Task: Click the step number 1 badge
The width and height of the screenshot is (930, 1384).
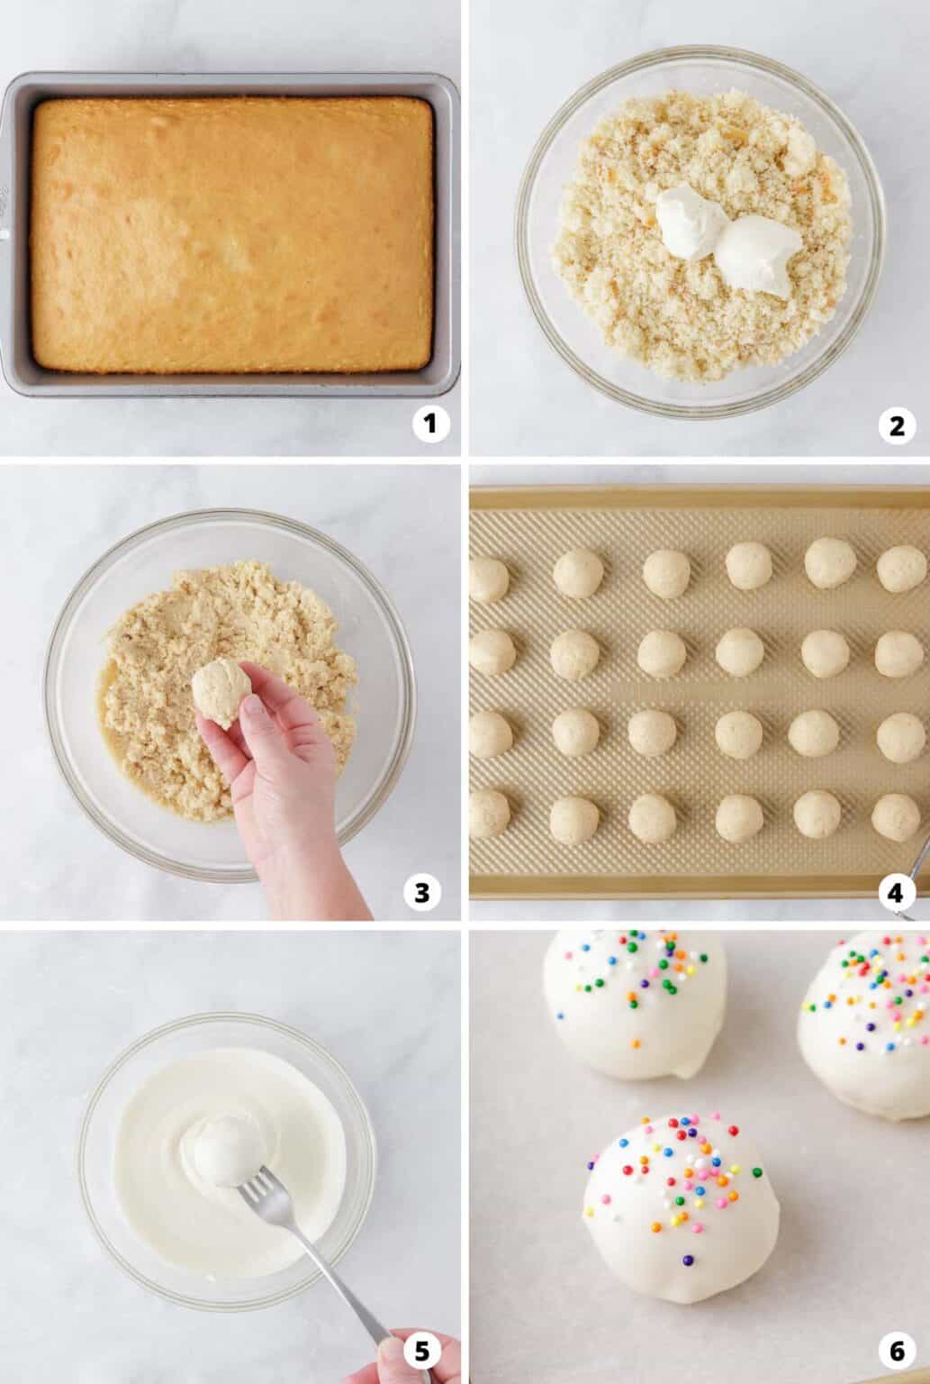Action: (430, 424)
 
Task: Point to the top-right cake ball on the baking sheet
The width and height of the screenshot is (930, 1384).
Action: (901, 568)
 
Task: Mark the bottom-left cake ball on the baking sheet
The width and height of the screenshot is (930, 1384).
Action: (488, 812)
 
